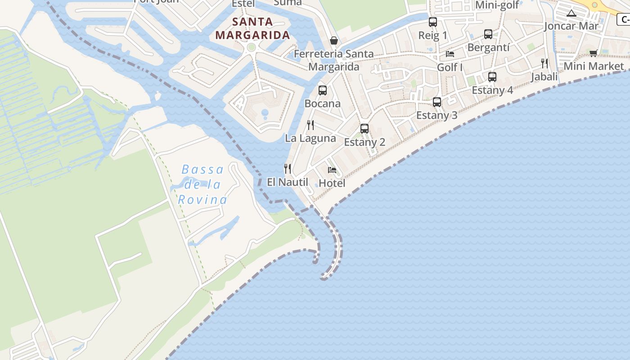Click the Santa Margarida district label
[x=252, y=28]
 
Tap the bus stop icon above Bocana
[x=323, y=90]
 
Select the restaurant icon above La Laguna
[x=310, y=125]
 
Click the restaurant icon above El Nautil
[x=288, y=169]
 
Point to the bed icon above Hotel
[x=332, y=170]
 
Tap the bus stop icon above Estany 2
[x=364, y=129]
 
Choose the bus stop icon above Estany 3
[x=436, y=102]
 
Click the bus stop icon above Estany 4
[x=492, y=77]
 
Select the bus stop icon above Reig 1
[x=433, y=22]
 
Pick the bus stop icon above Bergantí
[x=488, y=34]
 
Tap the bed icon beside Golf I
[x=450, y=54]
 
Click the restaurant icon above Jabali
[x=544, y=63]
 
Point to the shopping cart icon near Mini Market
[x=594, y=54]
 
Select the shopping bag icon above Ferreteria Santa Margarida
[x=334, y=40]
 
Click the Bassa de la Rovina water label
[x=202, y=184]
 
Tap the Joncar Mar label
[x=571, y=26]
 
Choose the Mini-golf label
[x=497, y=5]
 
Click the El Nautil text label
[x=288, y=182]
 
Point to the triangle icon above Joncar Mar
[x=571, y=13]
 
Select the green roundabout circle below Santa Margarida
[x=252, y=47]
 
